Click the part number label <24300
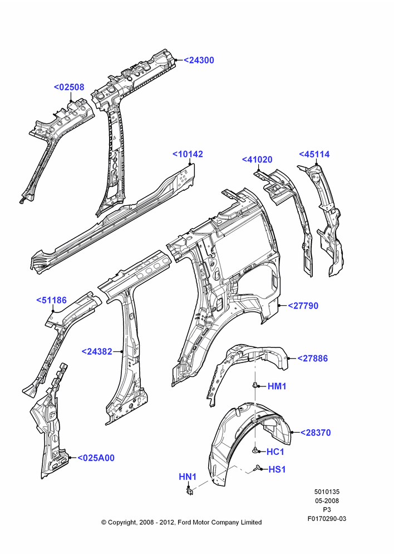tap(199, 60)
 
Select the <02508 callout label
tap(69, 87)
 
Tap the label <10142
tap(188, 154)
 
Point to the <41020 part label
tap(257, 160)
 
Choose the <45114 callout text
tap(314, 154)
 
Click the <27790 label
tap(303, 306)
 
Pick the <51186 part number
tap(51, 300)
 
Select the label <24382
tap(97, 351)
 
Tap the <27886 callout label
tap(312, 359)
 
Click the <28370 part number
tap(316, 433)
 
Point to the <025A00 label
tap(96, 458)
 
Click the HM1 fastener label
tap(277, 386)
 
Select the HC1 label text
tap(275, 451)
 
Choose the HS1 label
tap(277, 469)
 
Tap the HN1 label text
tap(188, 477)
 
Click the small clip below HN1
tap(190, 491)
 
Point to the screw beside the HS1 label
tap(257, 468)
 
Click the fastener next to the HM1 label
tap(255, 385)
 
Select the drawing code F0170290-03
tap(327, 519)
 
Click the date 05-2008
tap(327, 501)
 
